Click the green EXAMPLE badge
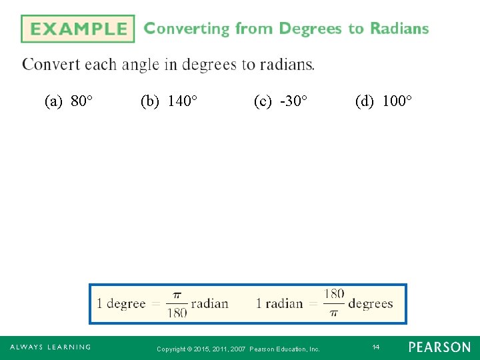(77, 29)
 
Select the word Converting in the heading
(187, 29)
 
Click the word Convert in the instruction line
(50, 65)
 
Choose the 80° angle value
(81, 101)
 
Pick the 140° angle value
(182, 101)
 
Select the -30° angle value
(294, 101)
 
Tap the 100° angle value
(397, 101)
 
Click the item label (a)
(54, 101)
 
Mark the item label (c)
(263, 101)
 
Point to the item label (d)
(365, 101)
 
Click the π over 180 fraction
(177, 304)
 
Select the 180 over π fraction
(333, 303)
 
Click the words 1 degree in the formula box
(121, 304)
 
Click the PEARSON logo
(439, 347)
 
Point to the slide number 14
(376, 347)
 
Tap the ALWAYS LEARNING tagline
(50, 347)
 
